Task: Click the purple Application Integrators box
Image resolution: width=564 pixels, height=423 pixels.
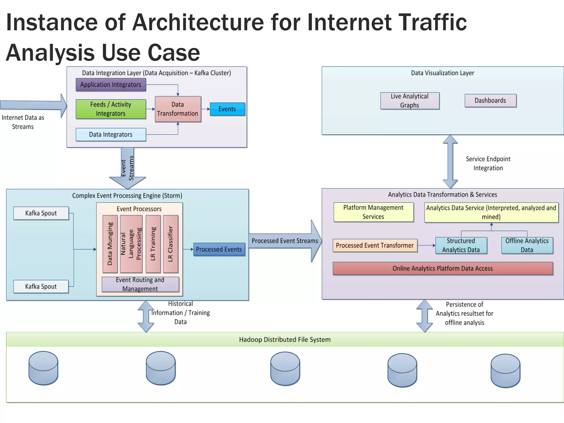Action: (x=111, y=85)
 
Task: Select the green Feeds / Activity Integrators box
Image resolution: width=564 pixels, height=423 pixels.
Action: (x=111, y=109)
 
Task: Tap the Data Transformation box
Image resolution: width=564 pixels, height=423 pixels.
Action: (x=178, y=109)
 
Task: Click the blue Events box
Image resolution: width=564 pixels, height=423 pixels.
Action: (x=227, y=109)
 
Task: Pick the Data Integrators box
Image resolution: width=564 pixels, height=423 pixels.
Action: (x=111, y=134)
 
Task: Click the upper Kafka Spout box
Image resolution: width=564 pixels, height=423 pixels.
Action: (x=41, y=213)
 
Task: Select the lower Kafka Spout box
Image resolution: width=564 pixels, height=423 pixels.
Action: (x=41, y=286)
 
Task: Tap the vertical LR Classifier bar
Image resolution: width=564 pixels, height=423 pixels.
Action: (x=170, y=244)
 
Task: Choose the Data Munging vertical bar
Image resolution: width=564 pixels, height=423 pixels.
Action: (x=110, y=244)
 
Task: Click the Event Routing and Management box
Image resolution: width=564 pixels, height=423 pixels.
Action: (x=140, y=284)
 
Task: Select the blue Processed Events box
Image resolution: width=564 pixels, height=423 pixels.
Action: (x=219, y=249)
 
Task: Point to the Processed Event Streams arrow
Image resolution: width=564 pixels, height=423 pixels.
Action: (x=285, y=241)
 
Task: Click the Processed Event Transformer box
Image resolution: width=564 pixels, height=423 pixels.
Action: (x=375, y=245)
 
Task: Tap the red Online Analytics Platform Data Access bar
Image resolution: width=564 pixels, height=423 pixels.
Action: (x=443, y=269)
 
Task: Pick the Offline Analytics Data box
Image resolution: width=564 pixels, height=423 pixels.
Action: (x=527, y=245)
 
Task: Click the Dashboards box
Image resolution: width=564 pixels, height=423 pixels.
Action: (x=490, y=101)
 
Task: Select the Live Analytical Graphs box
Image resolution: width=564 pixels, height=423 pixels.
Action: (x=410, y=101)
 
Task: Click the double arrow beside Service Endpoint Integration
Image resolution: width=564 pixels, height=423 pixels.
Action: (x=450, y=162)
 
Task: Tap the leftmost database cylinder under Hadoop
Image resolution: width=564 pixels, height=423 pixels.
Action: (x=43, y=368)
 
